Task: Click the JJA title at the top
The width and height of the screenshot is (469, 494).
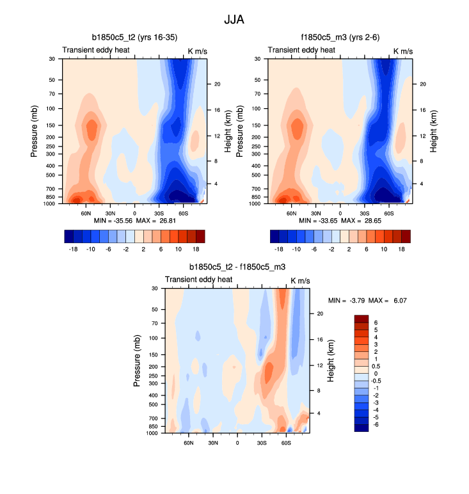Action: pos(234,19)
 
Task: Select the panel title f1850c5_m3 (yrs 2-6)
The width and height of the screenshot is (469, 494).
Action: pos(339,37)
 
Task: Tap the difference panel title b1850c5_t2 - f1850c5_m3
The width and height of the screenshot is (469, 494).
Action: pos(237,267)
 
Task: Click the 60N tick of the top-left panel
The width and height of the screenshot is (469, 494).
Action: pos(85,212)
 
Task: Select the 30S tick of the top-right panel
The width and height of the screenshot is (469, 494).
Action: pos(364,212)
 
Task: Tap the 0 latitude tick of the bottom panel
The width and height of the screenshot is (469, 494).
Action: pos(237,442)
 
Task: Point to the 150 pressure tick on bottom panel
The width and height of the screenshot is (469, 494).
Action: pos(154,352)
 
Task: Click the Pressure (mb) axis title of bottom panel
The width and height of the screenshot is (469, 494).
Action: pos(137,362)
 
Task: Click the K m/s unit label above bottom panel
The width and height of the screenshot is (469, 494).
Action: pos(300,280)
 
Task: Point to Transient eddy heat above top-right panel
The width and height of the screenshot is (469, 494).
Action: pos(301,50)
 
